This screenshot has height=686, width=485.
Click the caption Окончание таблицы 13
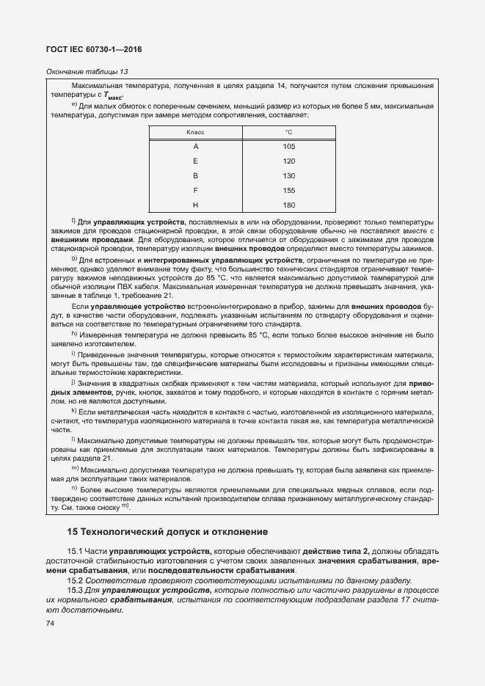pyautogui.click(x=87, y=71)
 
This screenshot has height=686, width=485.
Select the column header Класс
pyautogui.click(x=195, y=132)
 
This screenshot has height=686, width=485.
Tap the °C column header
pyautogui.click(x=288, y=132)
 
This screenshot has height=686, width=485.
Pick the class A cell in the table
pyautogui.click(x=195, y=147)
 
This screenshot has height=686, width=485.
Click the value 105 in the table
pyautogui.click(x=288, y=147)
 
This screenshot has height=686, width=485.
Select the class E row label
pyautogui.click(x=195, y=161)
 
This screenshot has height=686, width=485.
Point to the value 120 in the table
pyautogui.click(x=288, y=161)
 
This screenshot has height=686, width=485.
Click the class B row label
pyautogui.click(x=195, y=175)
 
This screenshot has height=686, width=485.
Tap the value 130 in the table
pyautogui.click(x=288, y=175)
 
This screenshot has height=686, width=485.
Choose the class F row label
pyautogui.click(x=195, y=189)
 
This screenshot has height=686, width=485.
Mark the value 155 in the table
pyautogui.click(x=288, y=189)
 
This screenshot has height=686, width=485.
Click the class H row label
pyautogui.click(x=195, y=204)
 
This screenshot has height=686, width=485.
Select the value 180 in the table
pyautogui.click(x=288, y=204)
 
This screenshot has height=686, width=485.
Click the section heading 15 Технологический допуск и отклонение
pyautogui.click(x=167, y=531)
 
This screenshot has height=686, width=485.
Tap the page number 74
pyautogui.click(x=51, y=623)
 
